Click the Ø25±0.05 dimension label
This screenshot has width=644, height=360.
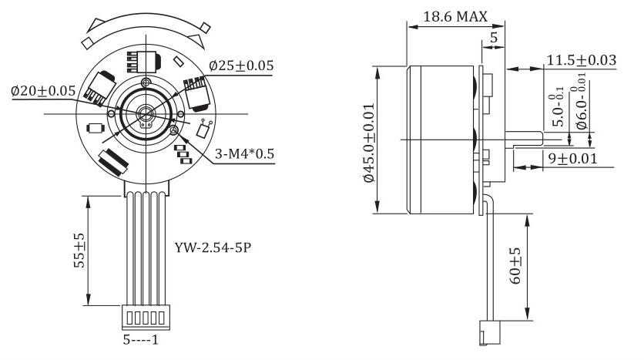(x=241, y=66)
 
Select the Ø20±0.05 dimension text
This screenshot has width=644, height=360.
(x=43, y=90)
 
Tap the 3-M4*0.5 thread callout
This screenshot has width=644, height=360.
(x=244, y=153)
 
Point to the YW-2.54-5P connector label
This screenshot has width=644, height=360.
(x=213, y=247)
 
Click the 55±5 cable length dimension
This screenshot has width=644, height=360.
(x=79, y=251)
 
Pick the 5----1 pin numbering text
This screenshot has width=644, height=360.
(x=141, y=340)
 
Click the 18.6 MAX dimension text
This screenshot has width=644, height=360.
(x=455, y=16)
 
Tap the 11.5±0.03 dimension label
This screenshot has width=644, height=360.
(x=582, y=60)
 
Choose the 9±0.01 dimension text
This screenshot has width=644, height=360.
(x=573, y=158)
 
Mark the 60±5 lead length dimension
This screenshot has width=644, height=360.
(x=515, y=265)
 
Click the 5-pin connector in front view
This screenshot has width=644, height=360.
(x=146, y=318)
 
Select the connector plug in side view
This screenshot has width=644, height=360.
(x=490, y=333)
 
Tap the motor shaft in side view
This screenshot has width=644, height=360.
(x=524, y=140)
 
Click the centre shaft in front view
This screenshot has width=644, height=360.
(x=145, y=112)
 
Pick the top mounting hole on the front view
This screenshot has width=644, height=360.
(x=146, y=81)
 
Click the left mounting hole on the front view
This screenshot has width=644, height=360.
(x=111, y=113)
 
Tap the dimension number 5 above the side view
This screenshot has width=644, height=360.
(x=494, y=38)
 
